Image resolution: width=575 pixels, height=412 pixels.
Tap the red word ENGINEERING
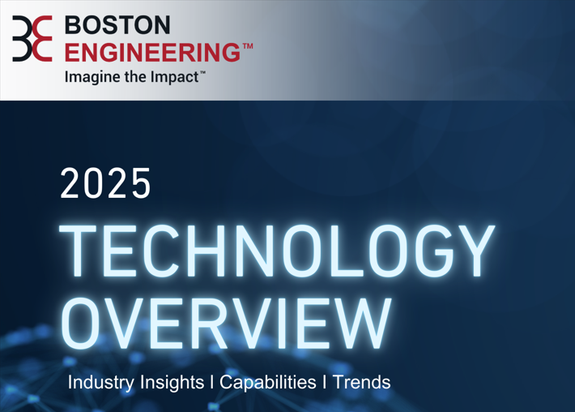[x=152, y=51]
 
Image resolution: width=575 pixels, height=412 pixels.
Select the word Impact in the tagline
[x=172, y=77]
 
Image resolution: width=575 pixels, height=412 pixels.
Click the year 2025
[x=106, y=184]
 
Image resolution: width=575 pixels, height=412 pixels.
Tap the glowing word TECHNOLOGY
[x=278, y=252]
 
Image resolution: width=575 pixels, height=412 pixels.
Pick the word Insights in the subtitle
[x=172, y=382]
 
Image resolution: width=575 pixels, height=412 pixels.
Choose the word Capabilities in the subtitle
[x=268, y=382]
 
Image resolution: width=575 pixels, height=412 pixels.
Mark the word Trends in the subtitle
[x=361, y=382]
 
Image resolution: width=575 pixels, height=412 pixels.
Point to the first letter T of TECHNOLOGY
[x=80, y=252]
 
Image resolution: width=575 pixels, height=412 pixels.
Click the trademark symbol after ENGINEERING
[x=247, y=47]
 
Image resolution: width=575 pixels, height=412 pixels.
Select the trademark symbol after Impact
[x=202, y=73]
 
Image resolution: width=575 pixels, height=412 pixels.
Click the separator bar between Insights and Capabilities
[x=211, y=382]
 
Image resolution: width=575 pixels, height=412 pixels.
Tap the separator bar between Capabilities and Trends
[x=325, y=382]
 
